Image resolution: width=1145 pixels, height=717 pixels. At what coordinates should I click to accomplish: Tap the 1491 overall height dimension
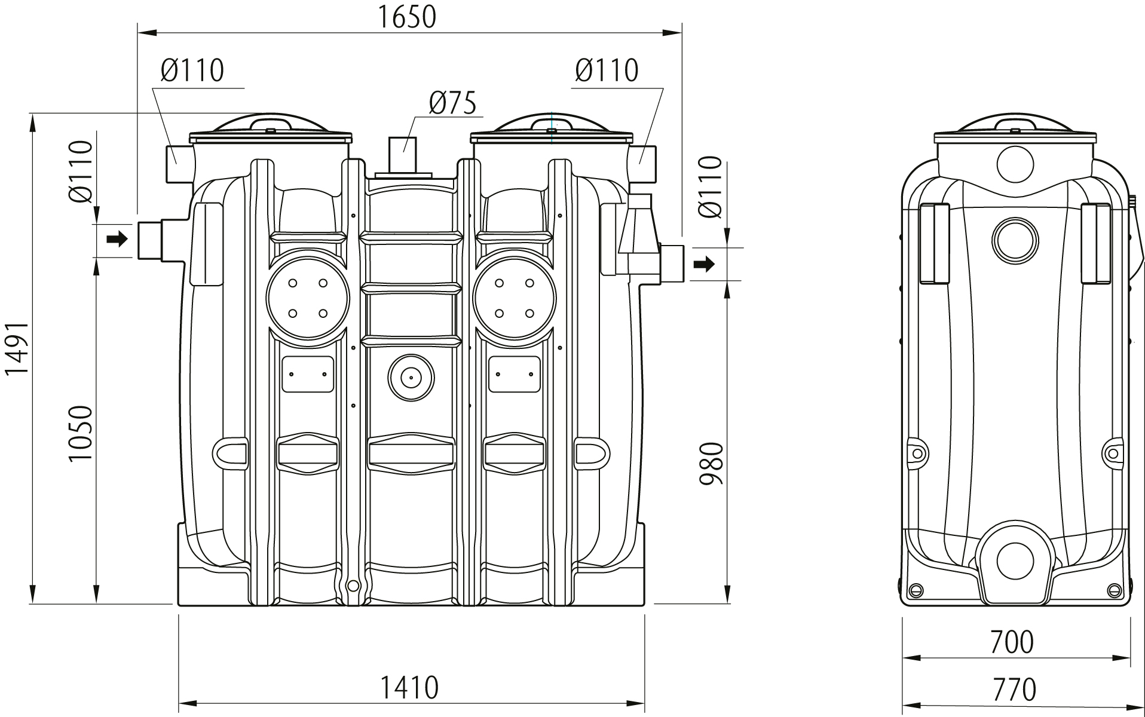pos(17,357)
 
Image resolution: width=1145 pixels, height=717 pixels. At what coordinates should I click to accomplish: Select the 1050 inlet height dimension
pos(81,433)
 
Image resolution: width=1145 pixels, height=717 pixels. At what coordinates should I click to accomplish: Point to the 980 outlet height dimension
pos(711,463)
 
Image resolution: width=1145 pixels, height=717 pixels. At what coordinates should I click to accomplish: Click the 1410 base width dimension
pos(410,687)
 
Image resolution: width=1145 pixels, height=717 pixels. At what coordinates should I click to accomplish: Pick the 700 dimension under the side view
pos(1011,642)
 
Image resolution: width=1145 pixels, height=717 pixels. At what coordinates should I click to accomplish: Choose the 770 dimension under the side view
pos(1014,690)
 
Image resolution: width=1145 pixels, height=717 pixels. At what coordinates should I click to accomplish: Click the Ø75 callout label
pos(452,103)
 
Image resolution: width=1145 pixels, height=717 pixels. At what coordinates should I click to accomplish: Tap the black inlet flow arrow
pos(117,240)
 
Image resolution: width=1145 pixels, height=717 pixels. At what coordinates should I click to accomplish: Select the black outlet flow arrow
pos(707,263)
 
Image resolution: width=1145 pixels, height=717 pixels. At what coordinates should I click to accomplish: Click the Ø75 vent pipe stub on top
pos(402,155)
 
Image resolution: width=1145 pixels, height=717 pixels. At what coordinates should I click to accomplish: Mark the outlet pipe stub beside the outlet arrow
pos(674,264)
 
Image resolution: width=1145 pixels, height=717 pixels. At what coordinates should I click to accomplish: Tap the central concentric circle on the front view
pos(411,377)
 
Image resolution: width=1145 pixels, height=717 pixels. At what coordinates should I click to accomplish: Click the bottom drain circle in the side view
pos(1015,561)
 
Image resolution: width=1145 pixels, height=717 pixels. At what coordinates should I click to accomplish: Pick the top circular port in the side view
pos(1015,164)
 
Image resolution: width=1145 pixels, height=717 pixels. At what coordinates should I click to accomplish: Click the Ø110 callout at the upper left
pos(192,71)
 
